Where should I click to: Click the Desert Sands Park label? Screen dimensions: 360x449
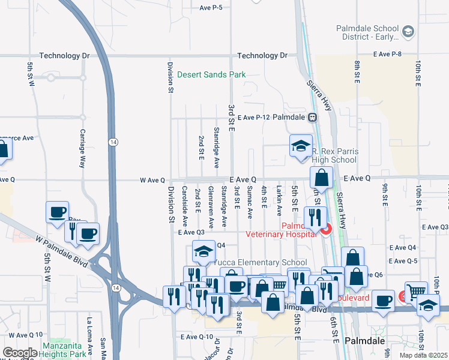211,75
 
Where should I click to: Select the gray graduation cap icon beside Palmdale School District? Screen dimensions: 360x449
408,31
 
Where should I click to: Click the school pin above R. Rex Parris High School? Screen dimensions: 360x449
301,146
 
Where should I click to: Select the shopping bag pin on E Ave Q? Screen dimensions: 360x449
322,178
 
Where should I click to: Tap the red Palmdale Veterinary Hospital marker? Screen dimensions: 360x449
325,229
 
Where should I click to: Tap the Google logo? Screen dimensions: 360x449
19,353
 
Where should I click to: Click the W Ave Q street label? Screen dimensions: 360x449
152,179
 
